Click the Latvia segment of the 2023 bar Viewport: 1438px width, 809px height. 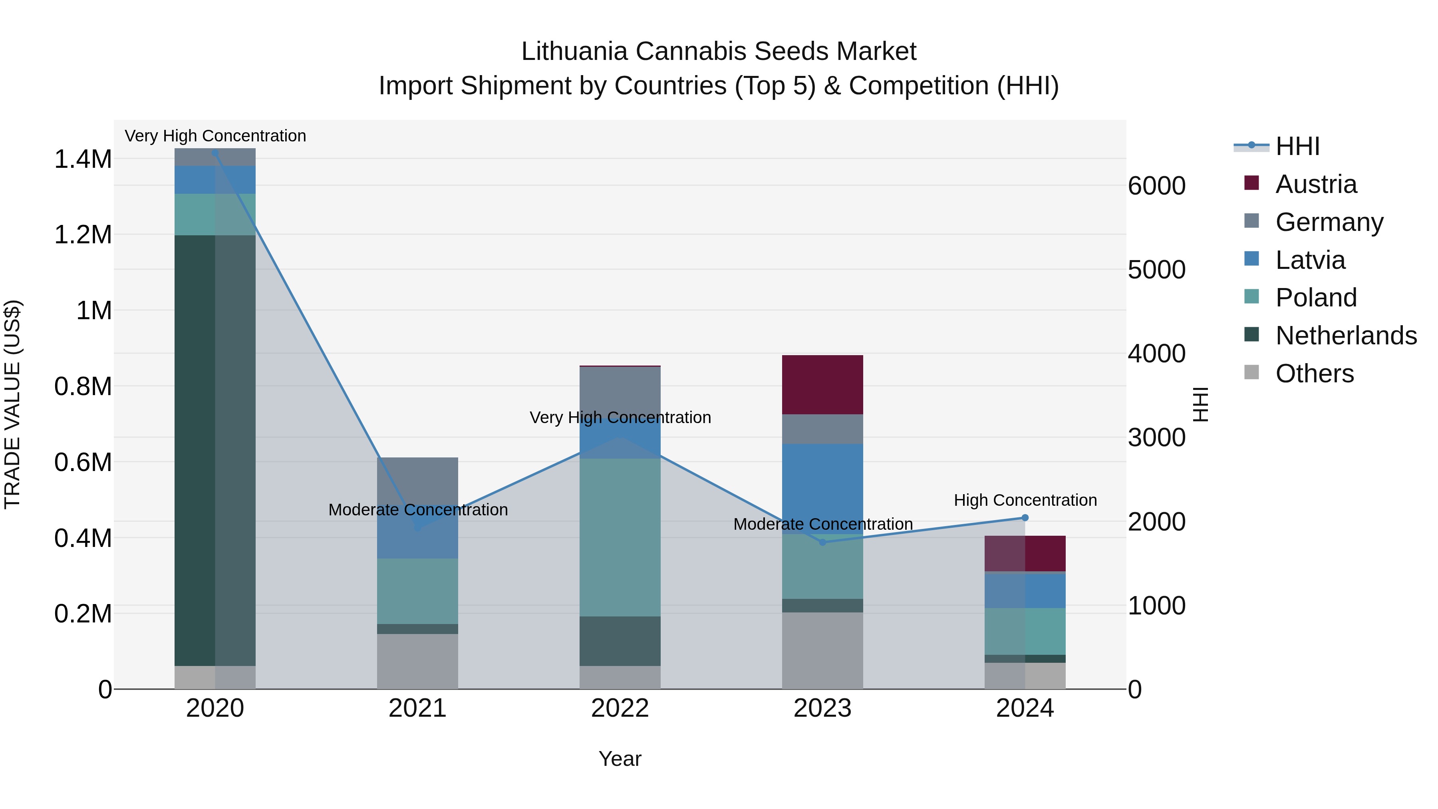822,489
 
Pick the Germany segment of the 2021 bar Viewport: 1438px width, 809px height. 417,483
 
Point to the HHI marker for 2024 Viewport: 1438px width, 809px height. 1025,517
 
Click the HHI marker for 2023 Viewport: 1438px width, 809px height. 822,542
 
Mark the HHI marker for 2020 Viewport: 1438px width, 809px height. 215,153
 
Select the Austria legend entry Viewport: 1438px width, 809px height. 1315,184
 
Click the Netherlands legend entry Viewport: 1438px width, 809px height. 1345,336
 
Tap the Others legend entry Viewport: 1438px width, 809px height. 1314,374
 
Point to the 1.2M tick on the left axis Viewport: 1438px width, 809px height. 83,235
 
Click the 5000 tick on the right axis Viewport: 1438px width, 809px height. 1156,270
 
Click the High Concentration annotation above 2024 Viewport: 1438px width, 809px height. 1025,500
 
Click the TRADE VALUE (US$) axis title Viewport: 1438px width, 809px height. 12,404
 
